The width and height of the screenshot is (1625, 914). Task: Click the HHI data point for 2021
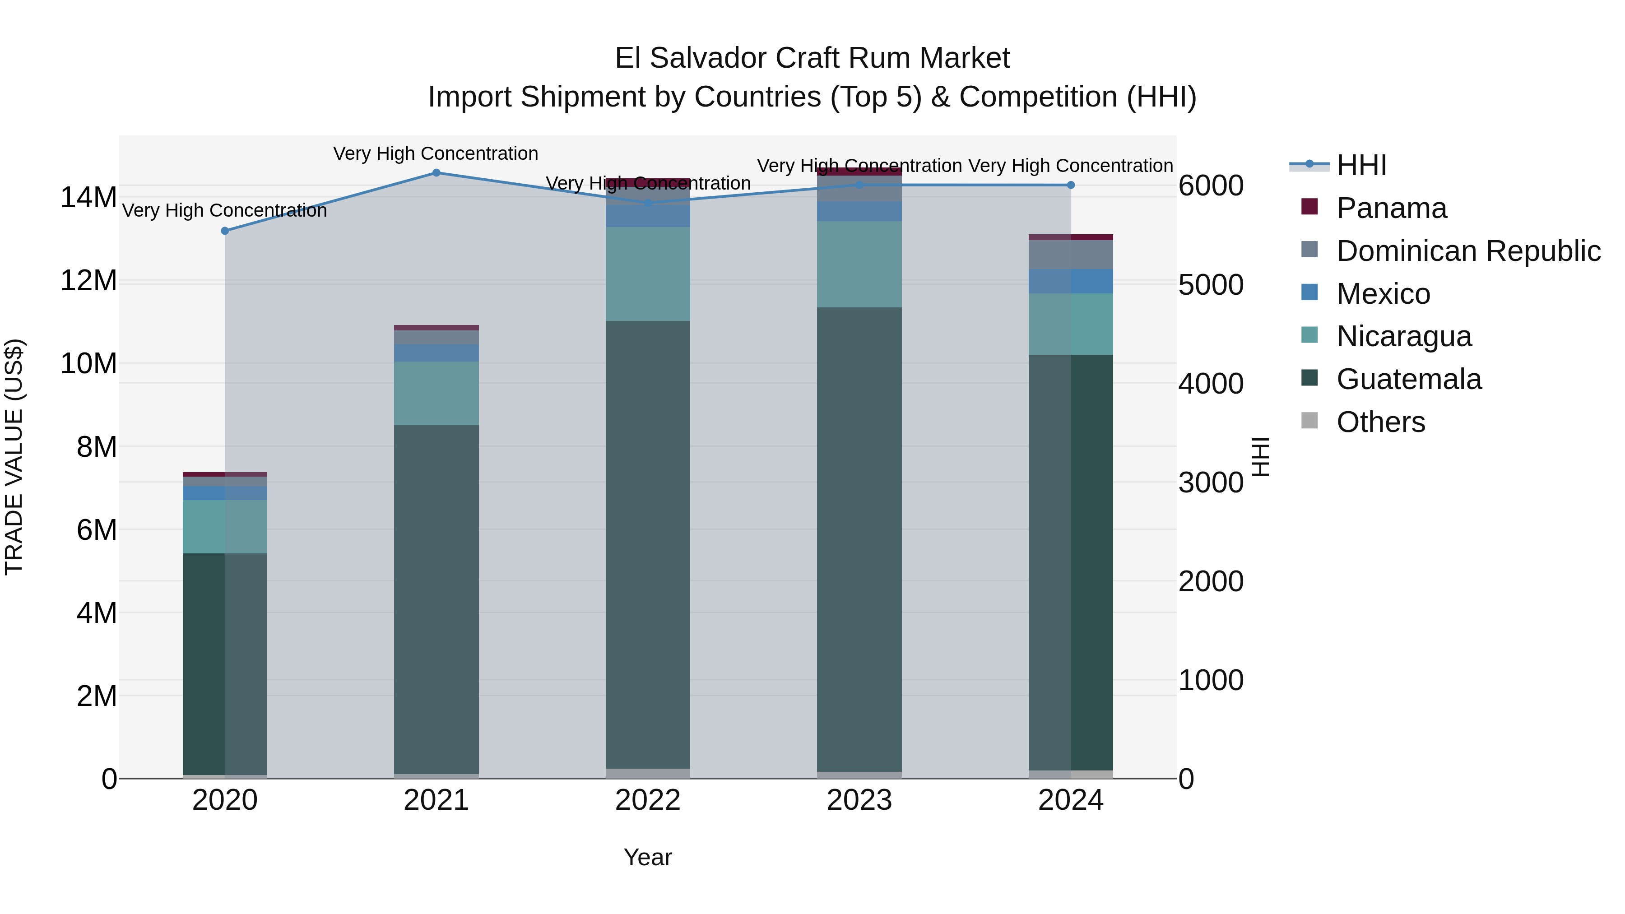click(436, 173)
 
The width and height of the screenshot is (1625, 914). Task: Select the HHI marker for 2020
click(225, 231)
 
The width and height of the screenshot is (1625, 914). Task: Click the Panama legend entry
click(1391, 208)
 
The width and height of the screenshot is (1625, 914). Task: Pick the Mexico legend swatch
click(1309, 292)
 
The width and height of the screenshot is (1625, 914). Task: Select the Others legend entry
click(1380, 422)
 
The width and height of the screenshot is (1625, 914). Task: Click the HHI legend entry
click(1361, 165)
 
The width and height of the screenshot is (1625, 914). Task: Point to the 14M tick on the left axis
click(88, 197)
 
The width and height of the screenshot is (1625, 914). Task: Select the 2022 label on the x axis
click(647, 800)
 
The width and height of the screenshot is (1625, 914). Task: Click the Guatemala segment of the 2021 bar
click(436, 599)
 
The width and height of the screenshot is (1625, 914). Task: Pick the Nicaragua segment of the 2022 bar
click(647, 274)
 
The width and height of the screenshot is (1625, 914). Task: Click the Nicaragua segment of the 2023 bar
click(859, 264)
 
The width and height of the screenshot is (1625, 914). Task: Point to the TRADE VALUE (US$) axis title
click(14, 457)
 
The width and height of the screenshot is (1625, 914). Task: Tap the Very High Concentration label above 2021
click(435, 153)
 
